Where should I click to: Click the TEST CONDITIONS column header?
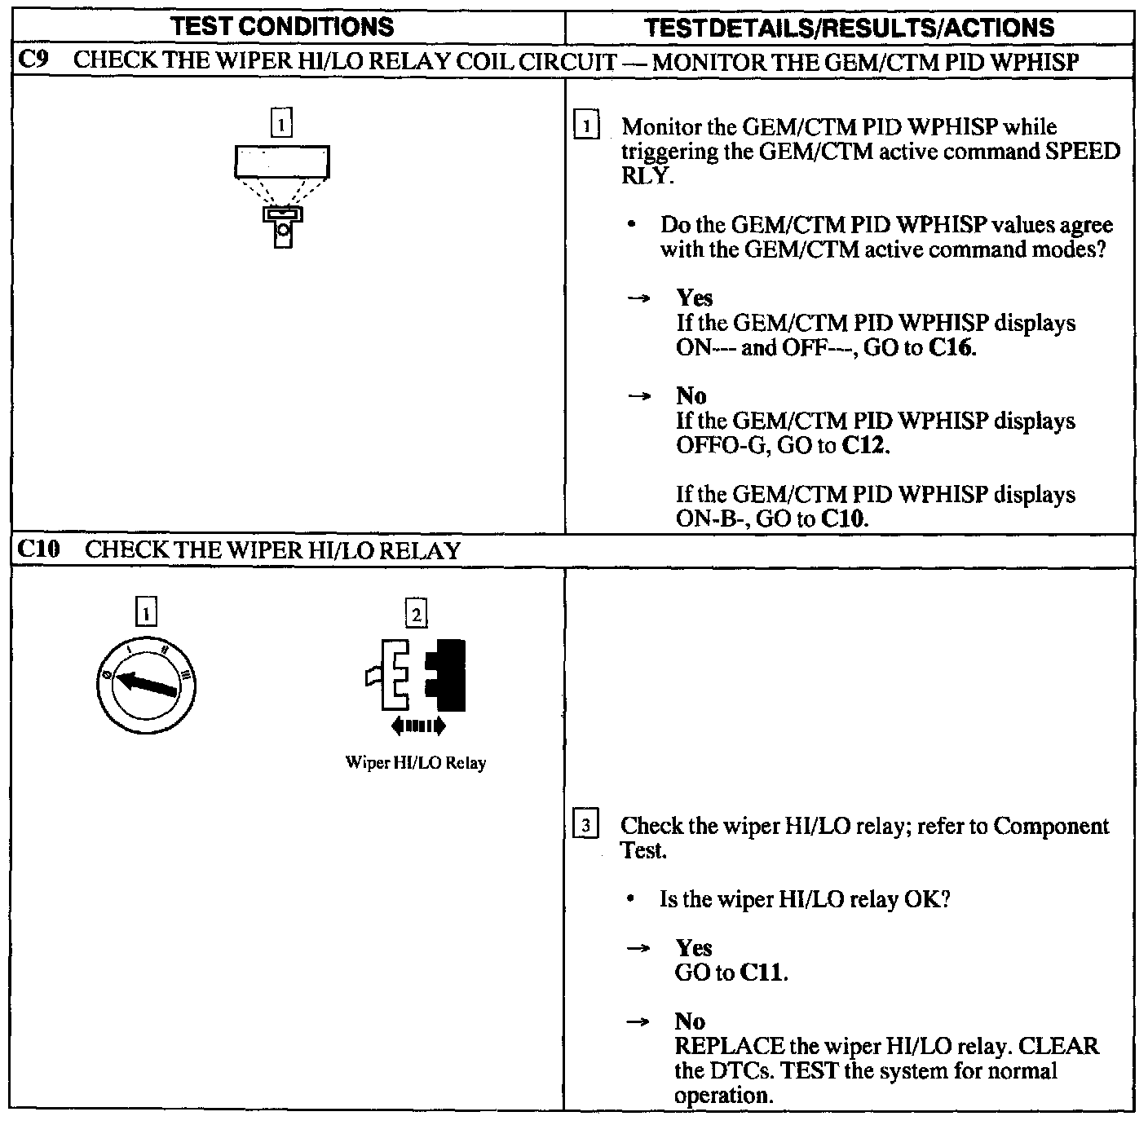(284, 27)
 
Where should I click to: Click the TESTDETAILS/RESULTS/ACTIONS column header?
(849, 28)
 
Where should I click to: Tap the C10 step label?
(38, 549)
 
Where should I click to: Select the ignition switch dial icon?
(146, 683)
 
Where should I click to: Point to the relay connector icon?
(417, 675)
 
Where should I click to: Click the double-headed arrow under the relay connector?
(418, 725)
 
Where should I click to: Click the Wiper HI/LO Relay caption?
(416, 763)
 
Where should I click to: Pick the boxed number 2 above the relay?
(416, 613)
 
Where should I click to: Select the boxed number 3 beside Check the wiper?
(586, 825)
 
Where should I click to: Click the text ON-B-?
(711, 518)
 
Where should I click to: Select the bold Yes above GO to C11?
(694, 947)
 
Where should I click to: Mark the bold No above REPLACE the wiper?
(690, 1021)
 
